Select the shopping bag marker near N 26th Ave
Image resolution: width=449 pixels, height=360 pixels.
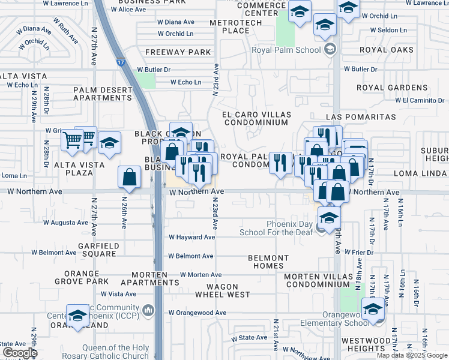tap(130, 177)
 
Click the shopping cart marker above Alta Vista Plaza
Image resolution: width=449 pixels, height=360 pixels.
tap(73, 140)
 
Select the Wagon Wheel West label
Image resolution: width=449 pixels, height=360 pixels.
tap(222, 290)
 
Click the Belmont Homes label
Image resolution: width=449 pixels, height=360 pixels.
tap(268, 262)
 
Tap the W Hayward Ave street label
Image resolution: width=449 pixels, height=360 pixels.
tap(191, 237)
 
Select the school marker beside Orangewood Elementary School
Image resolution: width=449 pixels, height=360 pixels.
tap(373, 310)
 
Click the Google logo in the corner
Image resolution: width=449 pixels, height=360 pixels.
tap(19, 352)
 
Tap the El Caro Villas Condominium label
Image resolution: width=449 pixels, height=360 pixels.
tap(256, 118)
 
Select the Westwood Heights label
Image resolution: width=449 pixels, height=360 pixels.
tap(366, 344)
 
